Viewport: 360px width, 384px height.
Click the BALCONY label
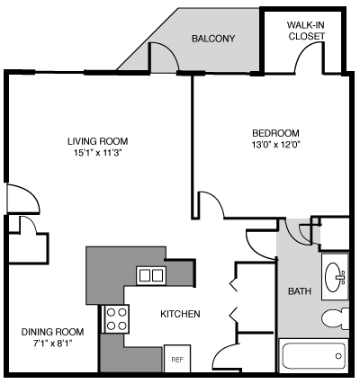click(x=213, y=39)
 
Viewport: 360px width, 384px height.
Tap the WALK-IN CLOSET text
click(x=306, y=31)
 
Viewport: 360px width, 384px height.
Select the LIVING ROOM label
click(x=97, y=141)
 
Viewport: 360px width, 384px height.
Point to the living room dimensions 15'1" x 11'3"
click(x=97, y=154)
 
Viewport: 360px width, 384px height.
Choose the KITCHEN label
click(x=180, y=314)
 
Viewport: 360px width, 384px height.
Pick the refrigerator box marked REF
click(x=177, y=358)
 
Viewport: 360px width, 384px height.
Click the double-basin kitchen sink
click(x=150, y=275)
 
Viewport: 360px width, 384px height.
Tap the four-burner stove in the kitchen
click(x=117, y=316)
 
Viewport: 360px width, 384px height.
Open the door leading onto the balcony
click(x=162, y=59)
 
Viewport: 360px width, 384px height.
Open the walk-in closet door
click(x=308, y=58)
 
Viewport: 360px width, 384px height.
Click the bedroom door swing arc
click(x=211, y=205)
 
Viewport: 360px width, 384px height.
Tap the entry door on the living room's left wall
click(x=20, y=200)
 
